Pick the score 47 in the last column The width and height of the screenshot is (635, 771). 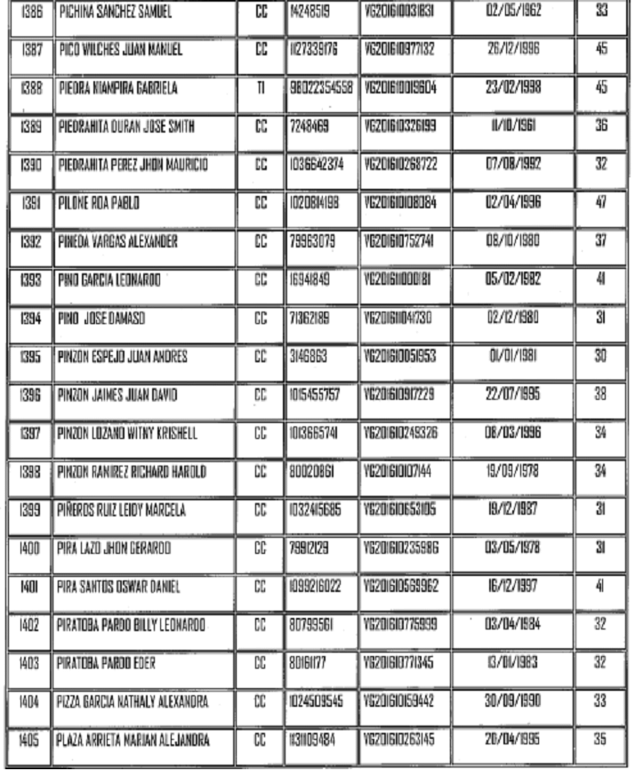(x=600, y=203)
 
